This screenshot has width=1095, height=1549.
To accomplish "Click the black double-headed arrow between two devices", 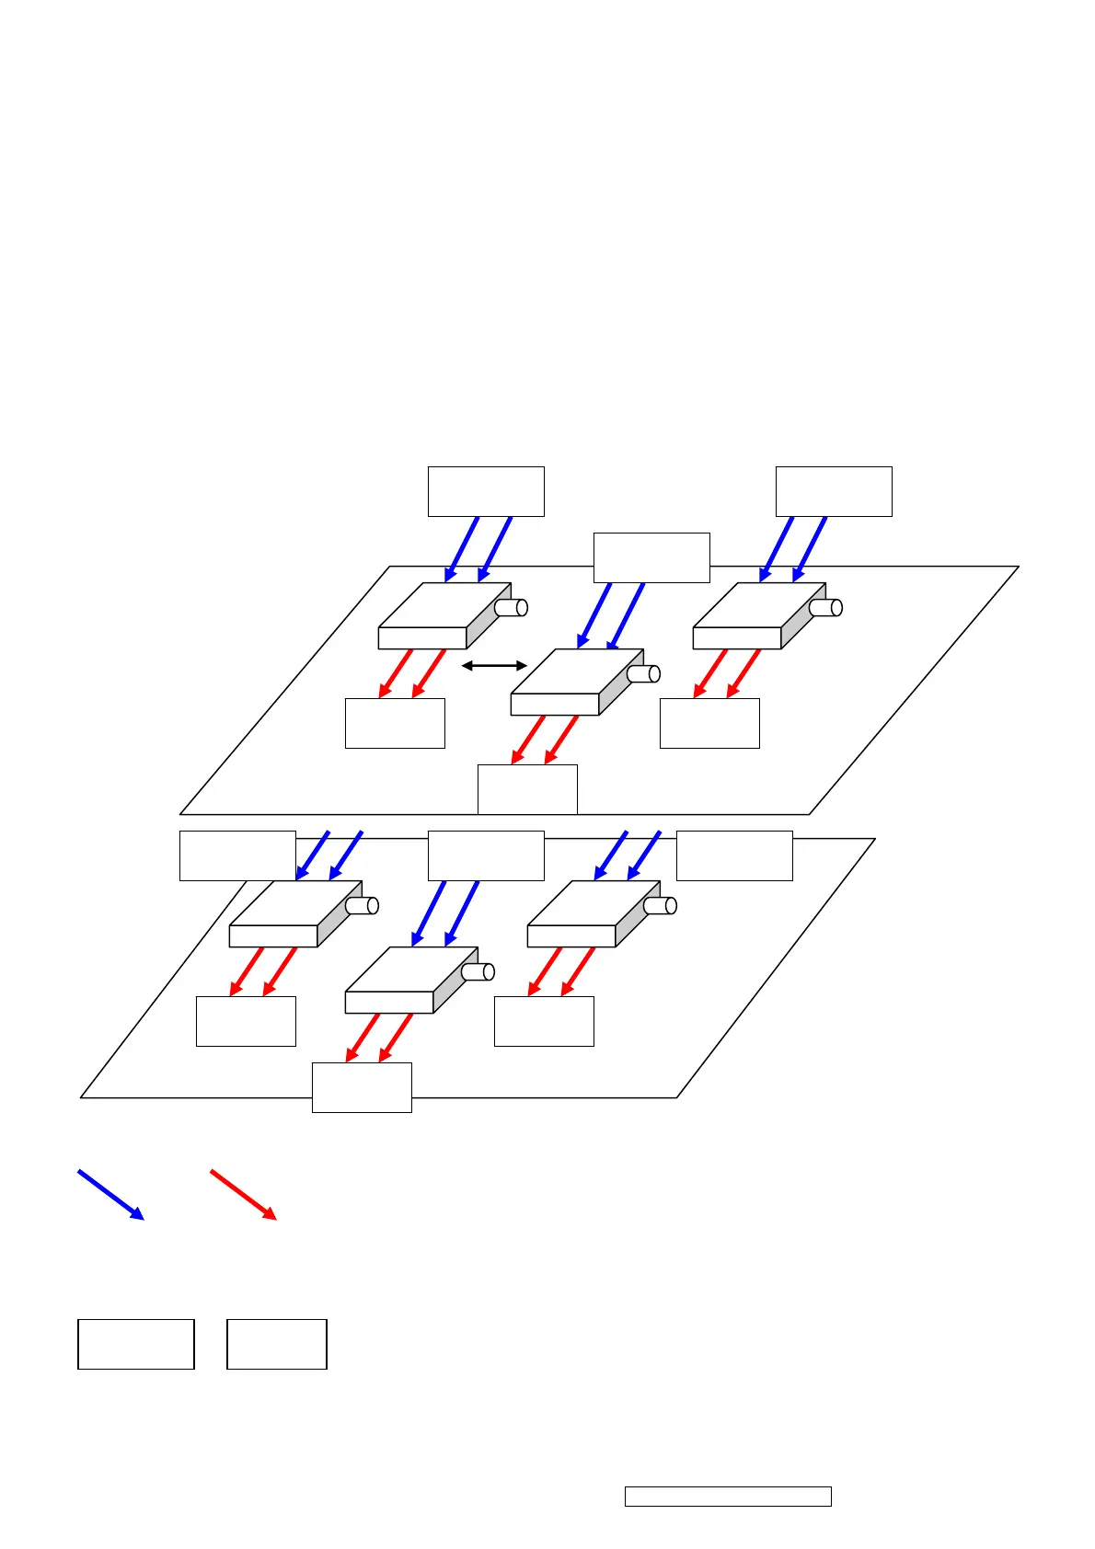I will point(494,665).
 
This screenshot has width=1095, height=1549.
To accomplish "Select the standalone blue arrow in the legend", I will point(111,1195).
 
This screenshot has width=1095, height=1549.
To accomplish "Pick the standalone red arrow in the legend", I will point(244,1195).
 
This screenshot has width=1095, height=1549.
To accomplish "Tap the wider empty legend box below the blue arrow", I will point(136,1344).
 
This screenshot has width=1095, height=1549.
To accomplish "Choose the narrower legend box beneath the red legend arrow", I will point(277,1344).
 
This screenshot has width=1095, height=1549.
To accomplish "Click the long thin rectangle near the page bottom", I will point(728,1497).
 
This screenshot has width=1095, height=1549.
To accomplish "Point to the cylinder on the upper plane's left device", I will point(512,607).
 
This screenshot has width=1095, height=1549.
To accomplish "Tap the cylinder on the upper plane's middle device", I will point(644,673).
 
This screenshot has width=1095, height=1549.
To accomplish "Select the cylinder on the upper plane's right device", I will point(826,607).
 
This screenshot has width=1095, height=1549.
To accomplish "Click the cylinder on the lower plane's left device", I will point(363,905).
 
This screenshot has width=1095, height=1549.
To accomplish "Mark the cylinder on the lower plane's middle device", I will point(478,971).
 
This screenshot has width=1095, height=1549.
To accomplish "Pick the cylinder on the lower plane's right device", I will point(661,905).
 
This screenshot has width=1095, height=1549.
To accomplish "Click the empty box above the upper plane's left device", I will point(486,491).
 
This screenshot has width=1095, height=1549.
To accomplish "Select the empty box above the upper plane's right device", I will point(834,491).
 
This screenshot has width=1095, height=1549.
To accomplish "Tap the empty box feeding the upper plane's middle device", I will point(651,557).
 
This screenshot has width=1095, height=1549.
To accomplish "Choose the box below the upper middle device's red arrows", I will point(527,789).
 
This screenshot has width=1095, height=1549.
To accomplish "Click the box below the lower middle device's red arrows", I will point(362,1087).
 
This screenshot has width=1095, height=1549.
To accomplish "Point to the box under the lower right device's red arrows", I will point(544,1021).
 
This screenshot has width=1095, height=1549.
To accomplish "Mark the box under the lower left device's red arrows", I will point(246,1021).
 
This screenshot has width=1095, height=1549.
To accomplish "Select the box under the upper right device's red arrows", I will point(709,723).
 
